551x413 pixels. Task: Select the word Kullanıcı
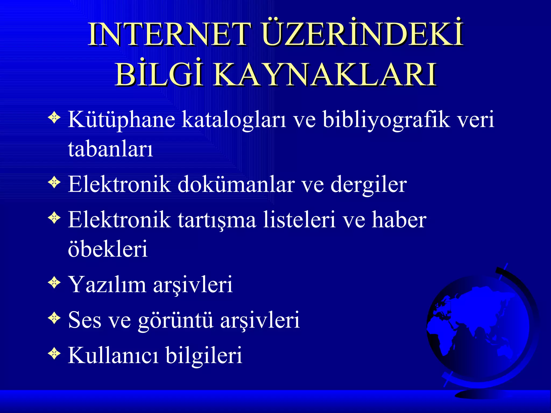coord(113,355)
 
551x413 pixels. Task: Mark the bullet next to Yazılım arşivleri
coord(54,283)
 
